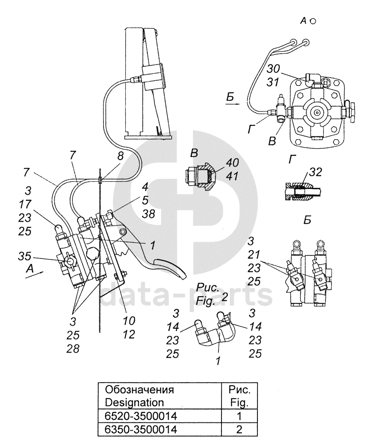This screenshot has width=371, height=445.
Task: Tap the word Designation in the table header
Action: [134, 402]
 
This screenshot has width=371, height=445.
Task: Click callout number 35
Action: [24, 256]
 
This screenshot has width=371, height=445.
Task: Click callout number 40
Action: [232, 163]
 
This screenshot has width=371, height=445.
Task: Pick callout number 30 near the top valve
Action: [273, 69]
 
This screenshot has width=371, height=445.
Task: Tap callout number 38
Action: [148, 214]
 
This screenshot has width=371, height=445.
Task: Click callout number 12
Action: [129, 334]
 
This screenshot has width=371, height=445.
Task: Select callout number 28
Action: [73, 349]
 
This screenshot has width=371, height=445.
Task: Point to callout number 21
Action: [253, 255]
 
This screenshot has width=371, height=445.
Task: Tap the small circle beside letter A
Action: [313, 21]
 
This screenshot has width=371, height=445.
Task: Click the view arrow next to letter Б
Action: [233, 104]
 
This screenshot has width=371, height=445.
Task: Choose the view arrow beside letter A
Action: [34, 275]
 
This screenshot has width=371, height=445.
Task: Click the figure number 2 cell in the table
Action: [239, 429]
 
